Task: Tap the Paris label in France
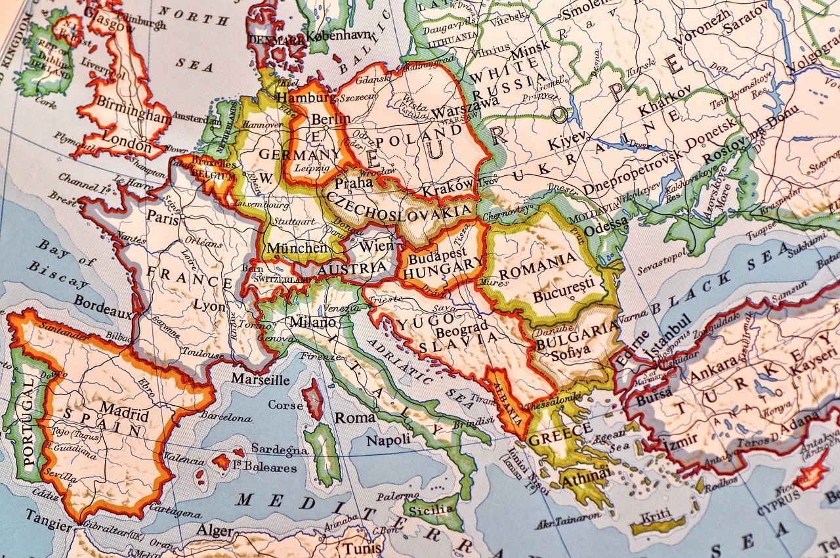[x=163, y=218]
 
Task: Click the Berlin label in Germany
[x=331, y=119]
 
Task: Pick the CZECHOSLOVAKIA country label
[x=399, y=205]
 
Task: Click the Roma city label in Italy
[x=355, y=418]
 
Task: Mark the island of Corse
[x=312, y=399]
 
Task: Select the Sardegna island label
[x=280, y=450]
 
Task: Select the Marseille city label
[x=260, y=379]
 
